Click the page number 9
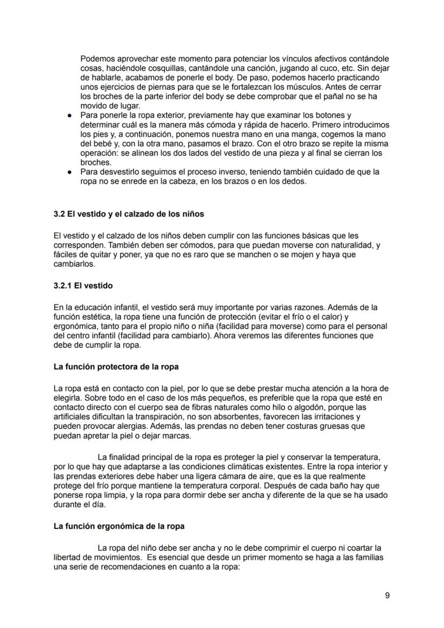387,595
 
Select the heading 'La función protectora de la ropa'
116,367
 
